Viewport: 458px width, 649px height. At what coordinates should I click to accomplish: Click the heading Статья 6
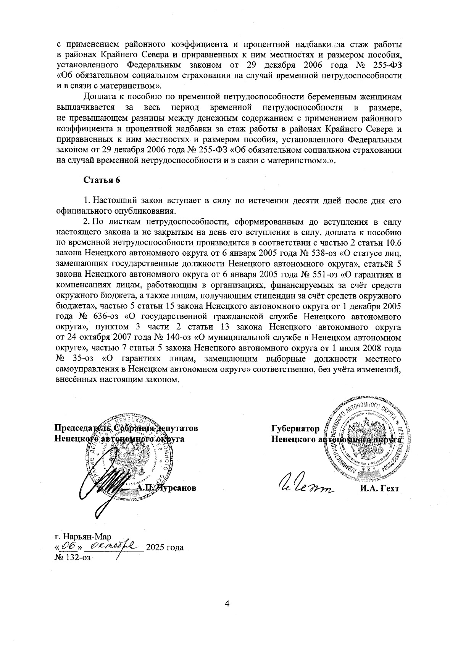[102, 180]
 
